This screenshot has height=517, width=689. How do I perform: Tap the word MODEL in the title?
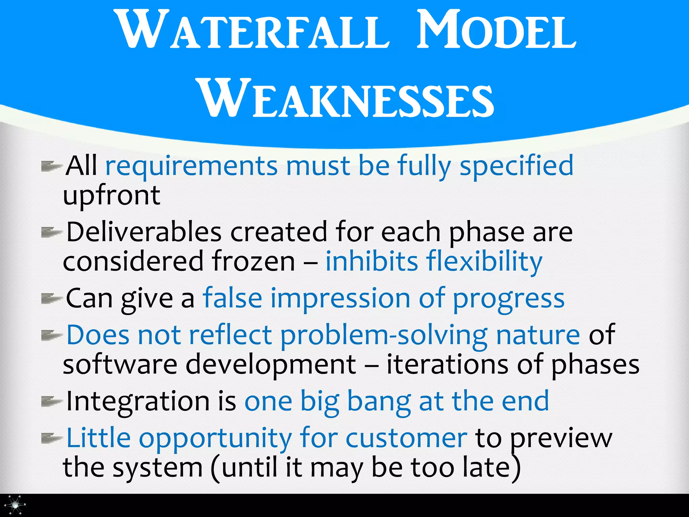(496, 30)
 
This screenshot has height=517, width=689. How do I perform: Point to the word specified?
(516, 166)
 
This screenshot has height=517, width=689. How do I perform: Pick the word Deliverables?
(144, 232)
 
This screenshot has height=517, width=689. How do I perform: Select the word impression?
(340, 299)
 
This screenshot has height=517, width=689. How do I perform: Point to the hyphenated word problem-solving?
(384, 336)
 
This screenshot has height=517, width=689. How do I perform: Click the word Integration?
(138, 402)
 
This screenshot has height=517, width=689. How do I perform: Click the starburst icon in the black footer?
(15, 505)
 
